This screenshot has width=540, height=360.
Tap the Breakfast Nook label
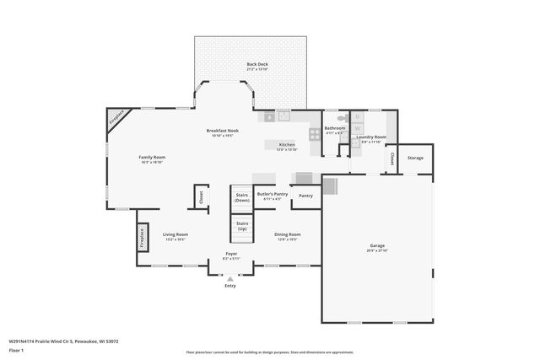223,131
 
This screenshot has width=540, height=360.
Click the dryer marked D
357,116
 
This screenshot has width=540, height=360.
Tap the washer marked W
357,128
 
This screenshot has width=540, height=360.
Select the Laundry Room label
371,137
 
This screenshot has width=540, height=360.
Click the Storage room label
415,158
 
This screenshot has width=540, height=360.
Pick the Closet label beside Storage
392,158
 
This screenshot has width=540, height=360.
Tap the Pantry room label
305,196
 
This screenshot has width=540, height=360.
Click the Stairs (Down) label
242,197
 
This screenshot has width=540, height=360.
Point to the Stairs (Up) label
242,225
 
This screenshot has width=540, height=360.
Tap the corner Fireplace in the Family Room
119,118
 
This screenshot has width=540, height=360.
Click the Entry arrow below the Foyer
230,279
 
